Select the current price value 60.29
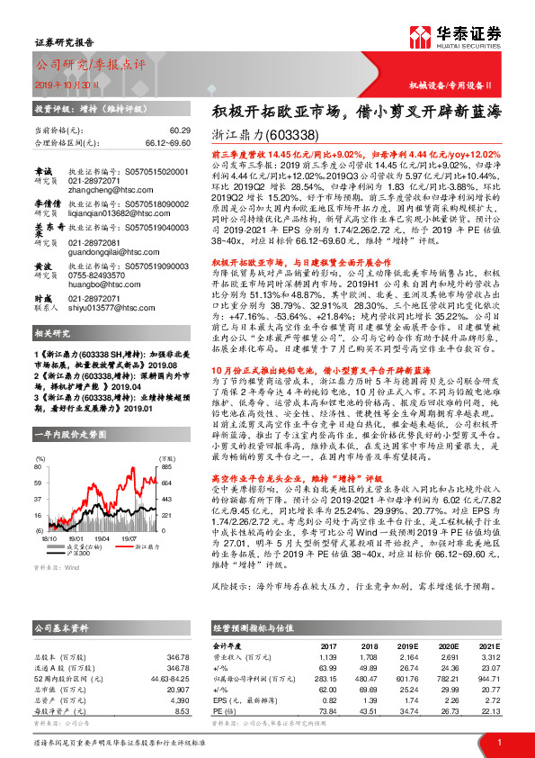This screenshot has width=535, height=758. coord(180,131)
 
